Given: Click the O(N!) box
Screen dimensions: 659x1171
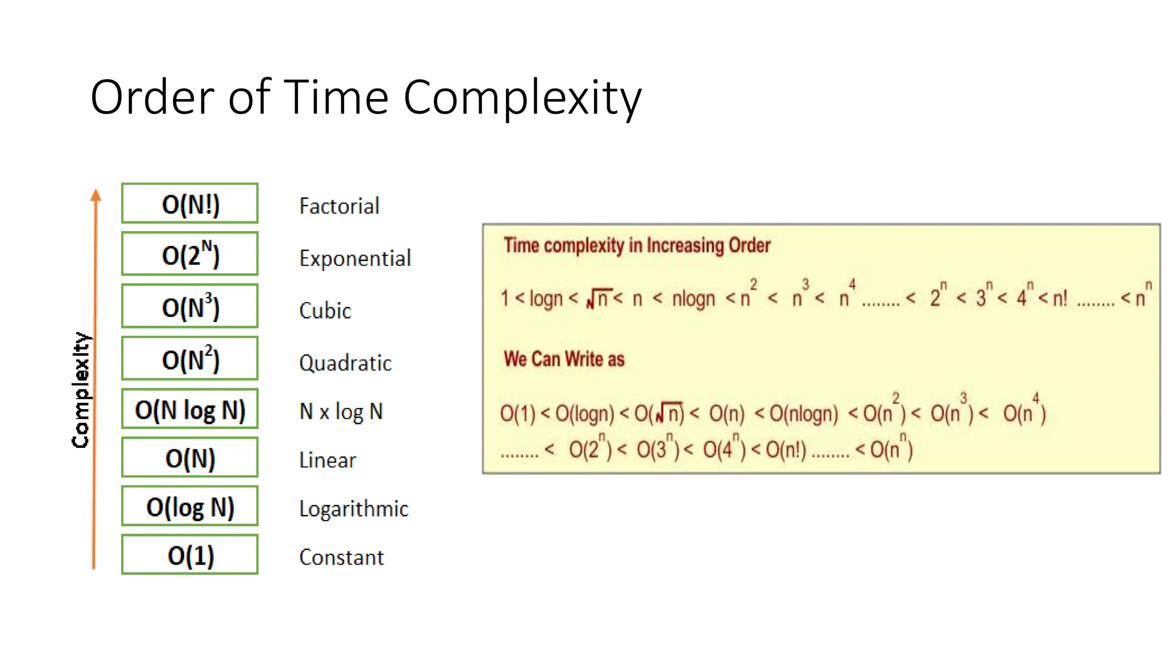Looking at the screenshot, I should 190,204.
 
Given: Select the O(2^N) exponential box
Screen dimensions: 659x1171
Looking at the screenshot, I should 190,254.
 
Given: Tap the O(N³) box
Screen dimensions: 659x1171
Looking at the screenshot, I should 190,306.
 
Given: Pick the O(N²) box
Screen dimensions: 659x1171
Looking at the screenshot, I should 190,359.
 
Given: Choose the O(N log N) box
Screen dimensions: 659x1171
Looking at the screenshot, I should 190,409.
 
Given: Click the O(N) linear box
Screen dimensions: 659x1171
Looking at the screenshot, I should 190,458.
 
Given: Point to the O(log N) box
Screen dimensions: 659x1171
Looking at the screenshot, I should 190,506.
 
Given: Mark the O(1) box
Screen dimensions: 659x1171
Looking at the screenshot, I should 190,555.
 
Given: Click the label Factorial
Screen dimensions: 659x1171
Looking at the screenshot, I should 339,207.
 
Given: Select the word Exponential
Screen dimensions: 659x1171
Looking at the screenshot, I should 355,259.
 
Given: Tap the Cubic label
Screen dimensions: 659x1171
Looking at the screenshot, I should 325,311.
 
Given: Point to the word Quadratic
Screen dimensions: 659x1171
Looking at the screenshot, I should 345,363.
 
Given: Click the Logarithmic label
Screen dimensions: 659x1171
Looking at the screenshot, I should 353,509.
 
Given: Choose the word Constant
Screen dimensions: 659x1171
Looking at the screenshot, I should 341,558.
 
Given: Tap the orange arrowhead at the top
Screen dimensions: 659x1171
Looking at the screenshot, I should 96,196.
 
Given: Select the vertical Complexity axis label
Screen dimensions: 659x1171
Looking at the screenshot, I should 81,390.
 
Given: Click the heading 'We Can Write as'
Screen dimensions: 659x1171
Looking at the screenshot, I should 564,359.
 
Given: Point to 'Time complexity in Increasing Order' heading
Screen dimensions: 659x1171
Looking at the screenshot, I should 637,245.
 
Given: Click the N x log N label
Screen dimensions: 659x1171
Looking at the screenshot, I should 341,411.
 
